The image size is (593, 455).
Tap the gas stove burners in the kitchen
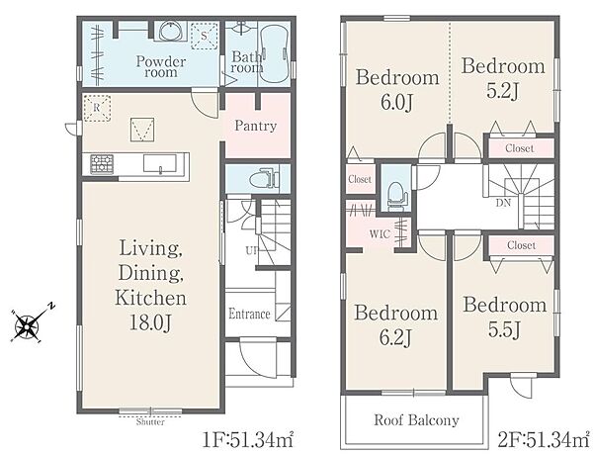tap(102, 164)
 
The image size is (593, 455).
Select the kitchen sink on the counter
tap(159, 163)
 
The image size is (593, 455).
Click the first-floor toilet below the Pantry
tap(266, 178)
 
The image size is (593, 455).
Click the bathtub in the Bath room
tap(275, 53)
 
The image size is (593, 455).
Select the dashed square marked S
tap(204, 36)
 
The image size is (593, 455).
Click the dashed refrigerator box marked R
tap(97, 108)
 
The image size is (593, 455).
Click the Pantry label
tap(256, 126)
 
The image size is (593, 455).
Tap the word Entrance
tap(250, 314)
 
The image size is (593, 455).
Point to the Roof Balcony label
tap(416, 420)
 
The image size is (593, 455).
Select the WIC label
tap(380, 234)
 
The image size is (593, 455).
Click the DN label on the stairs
tap(503, 204)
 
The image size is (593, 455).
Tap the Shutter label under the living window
tap(150, 422)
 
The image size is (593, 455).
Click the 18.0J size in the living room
tap(151, 322)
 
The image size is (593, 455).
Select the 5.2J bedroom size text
tap(502, 91)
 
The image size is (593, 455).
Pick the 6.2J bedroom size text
tap(395, 338)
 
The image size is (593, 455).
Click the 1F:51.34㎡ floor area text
tap(248, 440)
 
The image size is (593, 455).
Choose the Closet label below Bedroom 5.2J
tap(520, 148)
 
